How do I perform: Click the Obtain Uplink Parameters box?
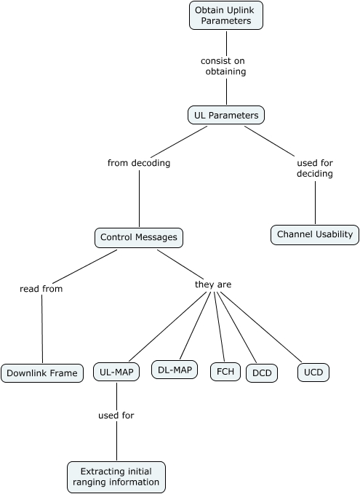[x=225, y=15]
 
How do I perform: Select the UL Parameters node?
[x=225, y=114]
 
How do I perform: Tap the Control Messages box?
[x=138, y=237]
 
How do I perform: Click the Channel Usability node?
[x=315, y=234]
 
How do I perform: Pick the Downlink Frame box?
[x=42, y=373]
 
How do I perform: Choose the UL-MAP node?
[x=116, y=372]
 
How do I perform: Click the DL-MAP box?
[x=175, y=370]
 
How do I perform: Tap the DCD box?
[x=261, y=373]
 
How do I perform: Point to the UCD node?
[x=313, y=372]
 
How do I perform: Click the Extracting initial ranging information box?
[x=116, y=477]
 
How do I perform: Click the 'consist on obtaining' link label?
[x=225, y=66]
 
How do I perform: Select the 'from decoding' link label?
[x=139, y=163]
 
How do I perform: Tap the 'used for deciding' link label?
[x=315, y=168]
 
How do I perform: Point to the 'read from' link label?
[x=41, y=289]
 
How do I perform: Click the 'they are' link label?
[x=213, y=284]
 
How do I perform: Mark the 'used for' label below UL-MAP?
[x=116, y=415]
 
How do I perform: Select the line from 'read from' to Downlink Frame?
[x=42, y=327]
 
